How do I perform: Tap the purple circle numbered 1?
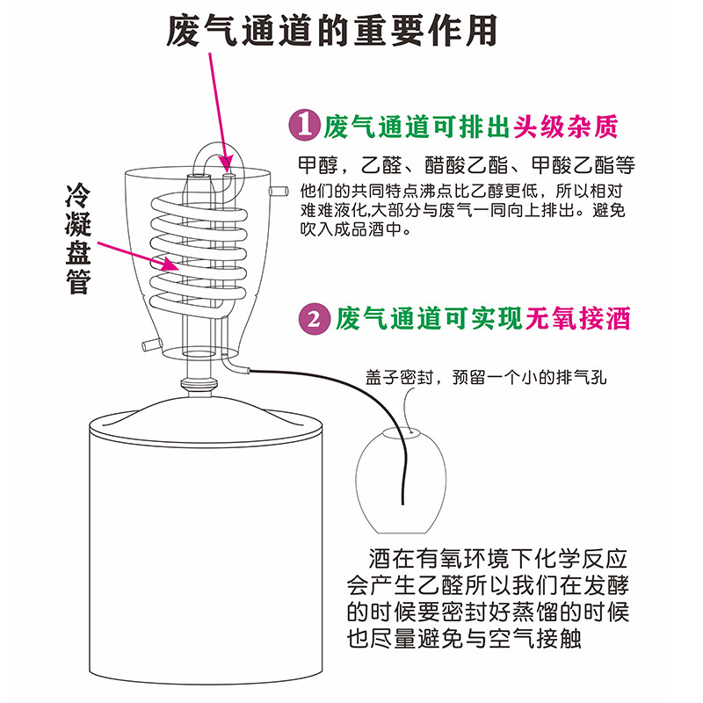point(302,127)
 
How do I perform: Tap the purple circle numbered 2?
point(313,318)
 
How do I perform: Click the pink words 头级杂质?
point(565,127)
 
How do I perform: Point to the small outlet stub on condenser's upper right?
point(279,190)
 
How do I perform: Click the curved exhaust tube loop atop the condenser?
point(212,156)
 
